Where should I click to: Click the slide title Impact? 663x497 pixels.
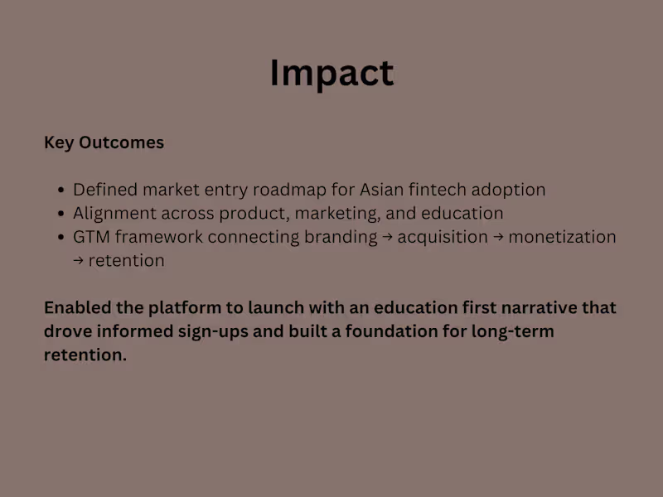(331, 73)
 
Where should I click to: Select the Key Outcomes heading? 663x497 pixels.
(104, 142)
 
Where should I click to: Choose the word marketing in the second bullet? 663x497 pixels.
(341, 214)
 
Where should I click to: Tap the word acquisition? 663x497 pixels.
(443, 237)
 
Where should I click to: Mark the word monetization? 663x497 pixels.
(562, 237)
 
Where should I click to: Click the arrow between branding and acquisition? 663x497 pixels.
(388, 238)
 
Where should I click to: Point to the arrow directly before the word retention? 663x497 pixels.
(79, 261)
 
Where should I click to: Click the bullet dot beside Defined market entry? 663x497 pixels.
(61, 191)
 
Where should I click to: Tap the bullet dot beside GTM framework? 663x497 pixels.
(61, 238)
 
